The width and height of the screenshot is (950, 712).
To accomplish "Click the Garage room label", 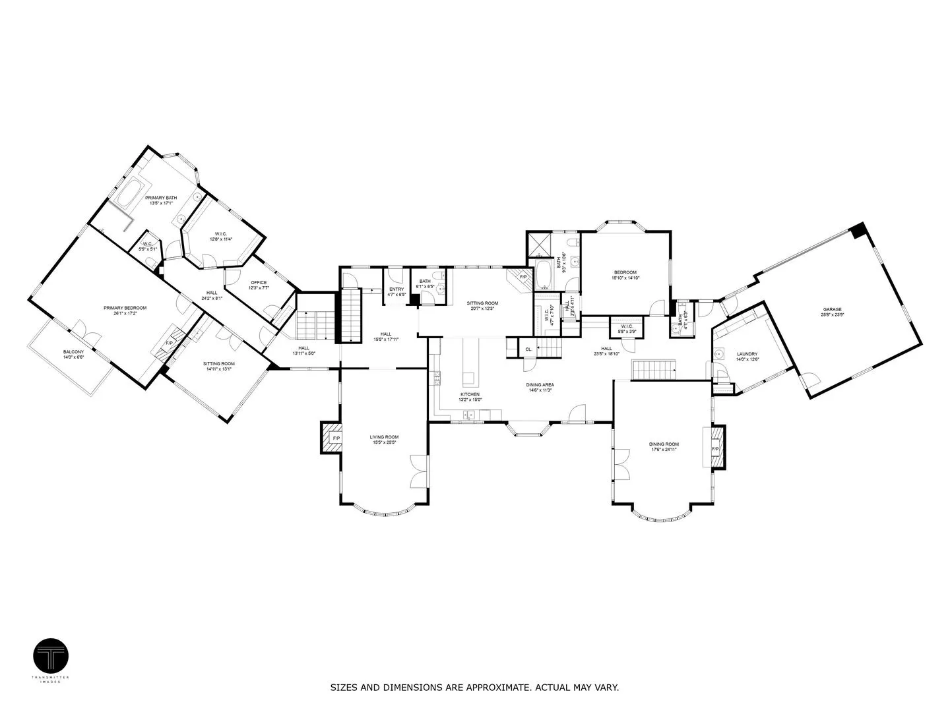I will point(832,312).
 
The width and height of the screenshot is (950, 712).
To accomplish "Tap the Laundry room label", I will point(747,356).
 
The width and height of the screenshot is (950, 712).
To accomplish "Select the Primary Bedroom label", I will point(125,311).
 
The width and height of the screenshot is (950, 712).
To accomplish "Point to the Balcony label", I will point(73,354).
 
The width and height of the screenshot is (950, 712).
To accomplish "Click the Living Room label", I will point(384,439).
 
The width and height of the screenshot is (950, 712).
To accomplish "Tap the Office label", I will point(258,285).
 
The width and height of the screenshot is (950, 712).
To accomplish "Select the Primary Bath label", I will point(161,200).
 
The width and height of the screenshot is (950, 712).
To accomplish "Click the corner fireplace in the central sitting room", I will point(521,277).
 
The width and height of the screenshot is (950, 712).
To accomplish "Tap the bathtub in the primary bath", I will point(131,194).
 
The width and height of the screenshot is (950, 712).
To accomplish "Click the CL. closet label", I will point(528,349).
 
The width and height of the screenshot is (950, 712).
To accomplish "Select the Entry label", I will point(396,291).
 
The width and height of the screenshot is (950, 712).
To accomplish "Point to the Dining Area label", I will point(540,387).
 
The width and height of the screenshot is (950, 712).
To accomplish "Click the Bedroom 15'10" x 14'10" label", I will point(625,275).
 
